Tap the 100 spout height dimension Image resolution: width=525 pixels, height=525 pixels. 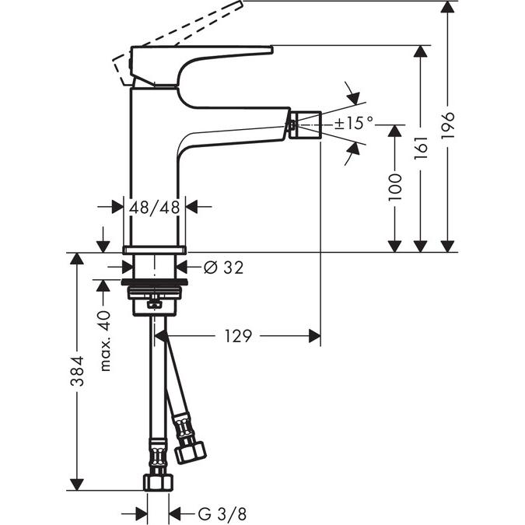coord(395,187)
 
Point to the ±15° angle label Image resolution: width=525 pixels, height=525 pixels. coord(354,123)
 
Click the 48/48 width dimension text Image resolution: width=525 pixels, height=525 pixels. coord(155,207)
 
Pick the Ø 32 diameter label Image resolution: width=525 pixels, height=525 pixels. coord(223,268)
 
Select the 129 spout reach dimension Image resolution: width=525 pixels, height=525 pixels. coord(238,336)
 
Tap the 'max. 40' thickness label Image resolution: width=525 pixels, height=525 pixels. coord(106,340)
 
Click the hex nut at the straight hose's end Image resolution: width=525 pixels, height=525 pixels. coord(157,481)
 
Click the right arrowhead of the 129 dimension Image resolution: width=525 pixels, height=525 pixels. coord(314,336)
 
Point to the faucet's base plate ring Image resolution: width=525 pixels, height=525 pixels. coord(155,249)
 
